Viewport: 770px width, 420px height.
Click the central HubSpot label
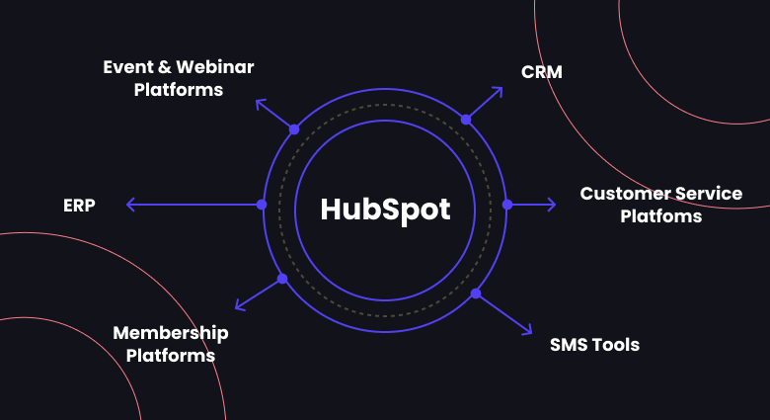point(385,210)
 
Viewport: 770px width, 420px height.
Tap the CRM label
point(541,71)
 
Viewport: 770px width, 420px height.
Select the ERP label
point(79,206)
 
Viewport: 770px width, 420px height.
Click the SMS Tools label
point(594,345)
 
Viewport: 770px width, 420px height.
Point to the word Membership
point(171,333)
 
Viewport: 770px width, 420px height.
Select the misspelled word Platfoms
point(660,215)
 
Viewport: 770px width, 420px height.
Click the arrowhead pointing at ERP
point(129,205)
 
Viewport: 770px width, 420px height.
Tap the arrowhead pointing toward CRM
point(500,90)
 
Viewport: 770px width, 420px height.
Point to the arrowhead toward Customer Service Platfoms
point(553,205)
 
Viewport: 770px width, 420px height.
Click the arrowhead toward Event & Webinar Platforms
point(259,102)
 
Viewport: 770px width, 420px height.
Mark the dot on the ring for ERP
point(262,205)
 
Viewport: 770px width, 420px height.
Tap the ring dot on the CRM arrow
point(466,119)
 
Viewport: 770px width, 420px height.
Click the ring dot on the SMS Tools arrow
point(476,294)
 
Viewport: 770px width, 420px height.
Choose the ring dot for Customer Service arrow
point(507,205)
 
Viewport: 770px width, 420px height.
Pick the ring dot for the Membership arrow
point(282,279)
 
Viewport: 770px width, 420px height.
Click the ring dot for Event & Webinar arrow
point(293,129)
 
